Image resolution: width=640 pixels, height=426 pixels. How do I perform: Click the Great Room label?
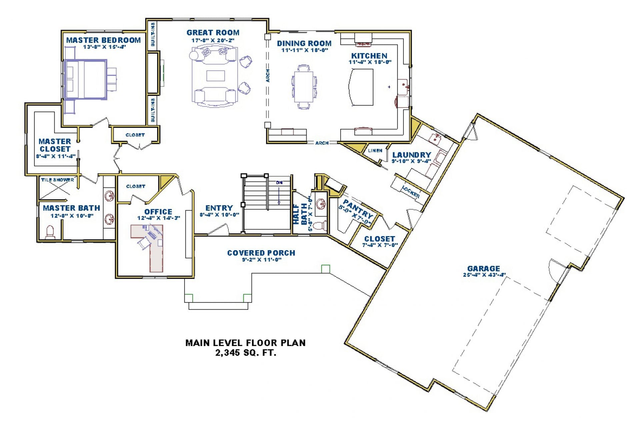(x=213, y=33)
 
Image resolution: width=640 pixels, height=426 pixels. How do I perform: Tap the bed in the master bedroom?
(x=85, y=80)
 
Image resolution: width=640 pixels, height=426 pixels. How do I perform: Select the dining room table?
(x=303, y=87)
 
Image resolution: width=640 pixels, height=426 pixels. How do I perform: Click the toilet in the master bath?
(x=50, y=232)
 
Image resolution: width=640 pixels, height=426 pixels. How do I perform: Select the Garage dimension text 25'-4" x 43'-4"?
(x=484, y=275)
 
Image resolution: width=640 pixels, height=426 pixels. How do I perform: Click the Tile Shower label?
(x=57, y=180)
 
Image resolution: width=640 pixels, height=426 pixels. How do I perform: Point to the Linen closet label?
(x=375, y=151)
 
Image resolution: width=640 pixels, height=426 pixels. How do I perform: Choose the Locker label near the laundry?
(x=410, y=192)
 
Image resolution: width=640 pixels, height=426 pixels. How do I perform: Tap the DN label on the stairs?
(x=279, y=183)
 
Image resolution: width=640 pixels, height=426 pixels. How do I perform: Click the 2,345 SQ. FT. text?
(x=246, y=353)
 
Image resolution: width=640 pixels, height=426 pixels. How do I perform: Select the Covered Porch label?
(x=261, y=253)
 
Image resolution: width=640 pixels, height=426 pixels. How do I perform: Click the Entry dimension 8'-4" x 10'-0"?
(x=219, y=215)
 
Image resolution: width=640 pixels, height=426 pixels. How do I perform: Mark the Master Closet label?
(x=55, y=145)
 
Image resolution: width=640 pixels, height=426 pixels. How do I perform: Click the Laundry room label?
(x=412, y=155)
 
